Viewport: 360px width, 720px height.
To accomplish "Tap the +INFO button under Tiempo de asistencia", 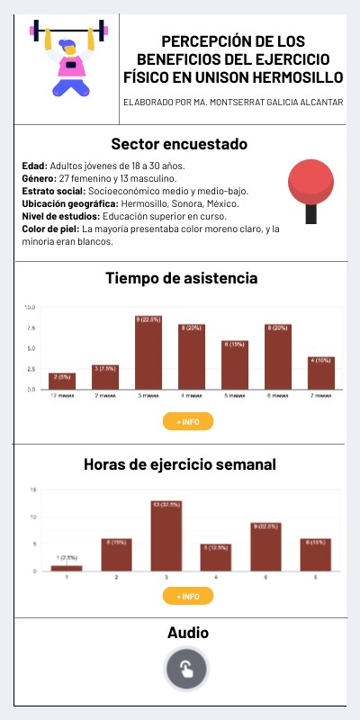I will (187, 421).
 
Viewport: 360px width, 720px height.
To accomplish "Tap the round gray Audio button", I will (186, 670).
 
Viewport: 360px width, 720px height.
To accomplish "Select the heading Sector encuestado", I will (179, 144).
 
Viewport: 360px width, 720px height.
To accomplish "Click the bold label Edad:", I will (35, 166).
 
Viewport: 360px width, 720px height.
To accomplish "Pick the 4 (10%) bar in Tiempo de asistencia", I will (321, 373).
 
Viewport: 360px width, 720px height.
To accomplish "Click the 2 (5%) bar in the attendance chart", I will (62, 381).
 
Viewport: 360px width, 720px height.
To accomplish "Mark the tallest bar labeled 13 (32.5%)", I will (166, 536).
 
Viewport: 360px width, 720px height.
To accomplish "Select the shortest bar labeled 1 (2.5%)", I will (67, 567).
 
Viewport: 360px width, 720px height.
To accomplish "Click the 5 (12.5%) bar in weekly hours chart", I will (215, 557).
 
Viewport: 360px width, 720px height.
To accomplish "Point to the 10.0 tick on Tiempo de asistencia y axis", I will (30, 308).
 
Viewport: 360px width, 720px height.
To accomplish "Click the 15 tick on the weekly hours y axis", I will (32, 490).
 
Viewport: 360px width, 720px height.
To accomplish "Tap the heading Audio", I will (187, 633).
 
